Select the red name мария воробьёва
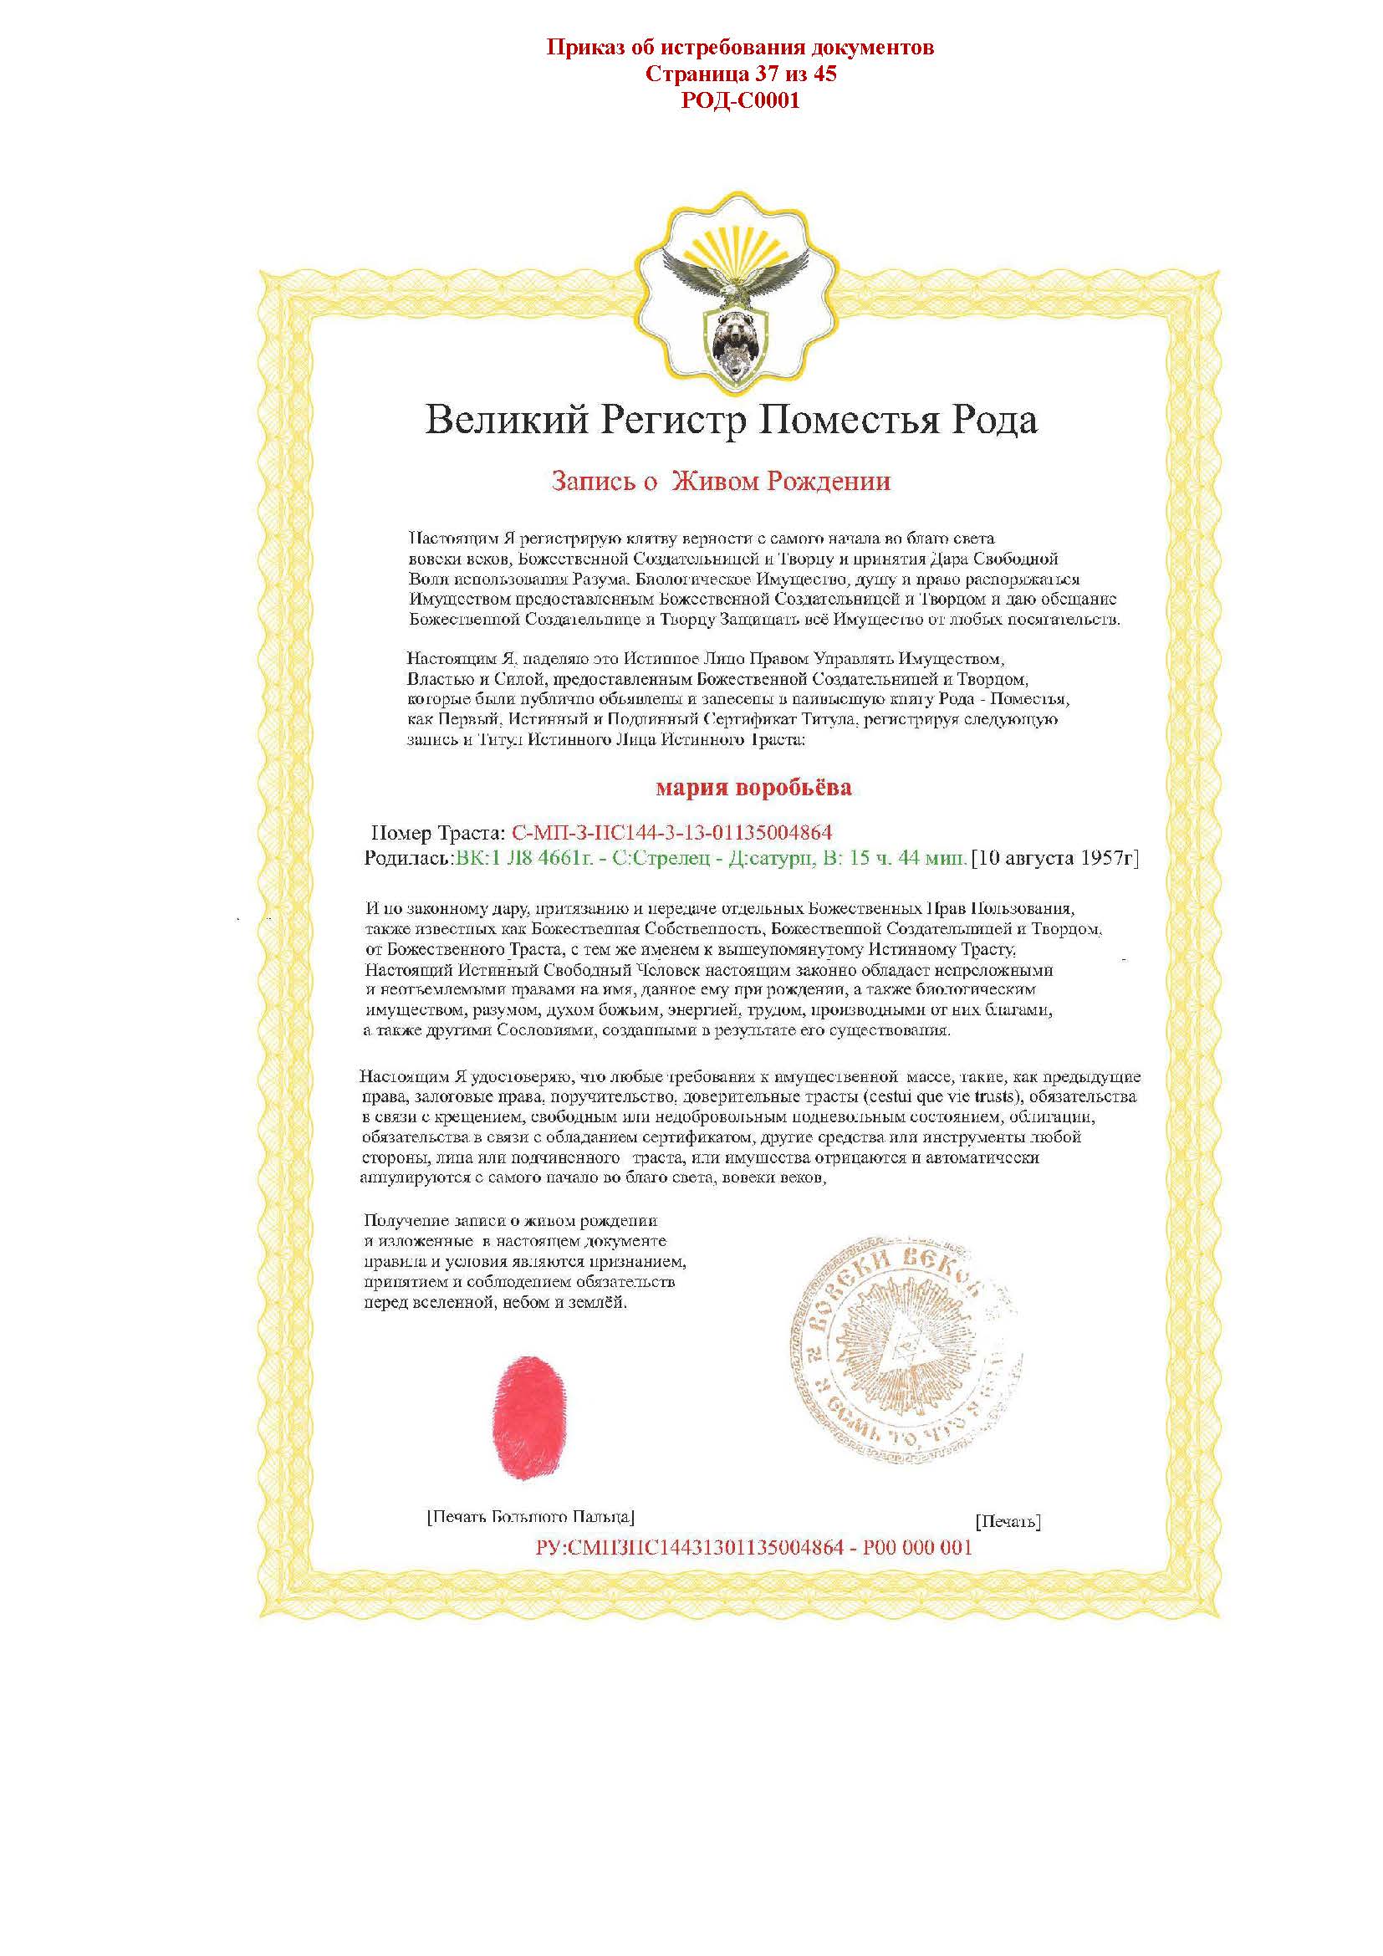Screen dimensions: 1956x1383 (x=753, y=787)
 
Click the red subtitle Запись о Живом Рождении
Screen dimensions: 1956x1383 (x=721, y=482)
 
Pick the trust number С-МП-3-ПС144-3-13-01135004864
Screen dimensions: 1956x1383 (x=671, y=832)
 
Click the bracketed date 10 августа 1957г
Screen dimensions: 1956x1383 (x=1055, y=858)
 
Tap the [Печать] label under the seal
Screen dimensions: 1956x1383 (x=1008, y=1521)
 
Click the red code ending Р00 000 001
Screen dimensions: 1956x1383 (x=753, y=1547)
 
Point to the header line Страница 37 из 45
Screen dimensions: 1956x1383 (x=740, y=74)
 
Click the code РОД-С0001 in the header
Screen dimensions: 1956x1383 (x=740, y=101)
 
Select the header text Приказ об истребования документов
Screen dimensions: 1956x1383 (x=740, y=47)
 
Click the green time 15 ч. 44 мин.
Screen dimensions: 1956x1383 (x=906, y=858)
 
